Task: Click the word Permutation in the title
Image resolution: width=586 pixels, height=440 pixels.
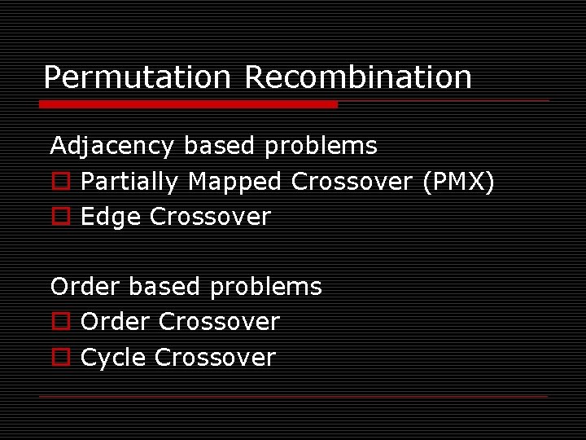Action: click(x=137, y=77)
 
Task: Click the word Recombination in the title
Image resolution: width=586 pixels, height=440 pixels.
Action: click(x=358, y=77)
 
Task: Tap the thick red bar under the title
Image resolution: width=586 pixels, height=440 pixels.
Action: click(x=188, y=104)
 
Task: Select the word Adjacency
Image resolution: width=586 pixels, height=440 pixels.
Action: click(x=112, y=147)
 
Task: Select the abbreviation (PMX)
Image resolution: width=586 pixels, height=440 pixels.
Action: click(x=458, y=182)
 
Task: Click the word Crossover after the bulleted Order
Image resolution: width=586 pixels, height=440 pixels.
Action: click(x=219, y=322)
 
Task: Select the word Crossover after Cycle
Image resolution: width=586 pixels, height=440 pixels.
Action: click(x=215, y=357)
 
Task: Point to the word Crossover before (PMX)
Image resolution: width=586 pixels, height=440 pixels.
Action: click(x=352, y=182)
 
